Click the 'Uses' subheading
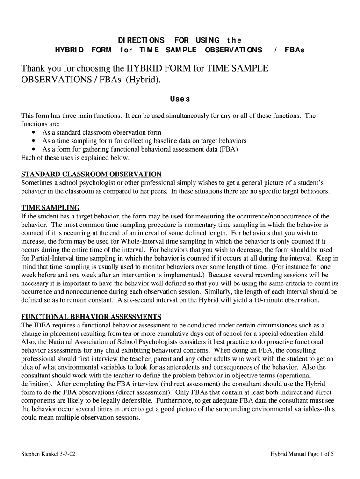(180, 99)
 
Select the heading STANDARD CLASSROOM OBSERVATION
(92, 174)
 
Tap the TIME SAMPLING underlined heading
(50, 208)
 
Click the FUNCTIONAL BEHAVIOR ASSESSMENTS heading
(91, 316)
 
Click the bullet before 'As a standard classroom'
(34, 133)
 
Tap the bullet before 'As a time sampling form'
(34, 141)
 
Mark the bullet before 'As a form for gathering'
(34, 149)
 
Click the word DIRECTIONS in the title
(141, 40)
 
